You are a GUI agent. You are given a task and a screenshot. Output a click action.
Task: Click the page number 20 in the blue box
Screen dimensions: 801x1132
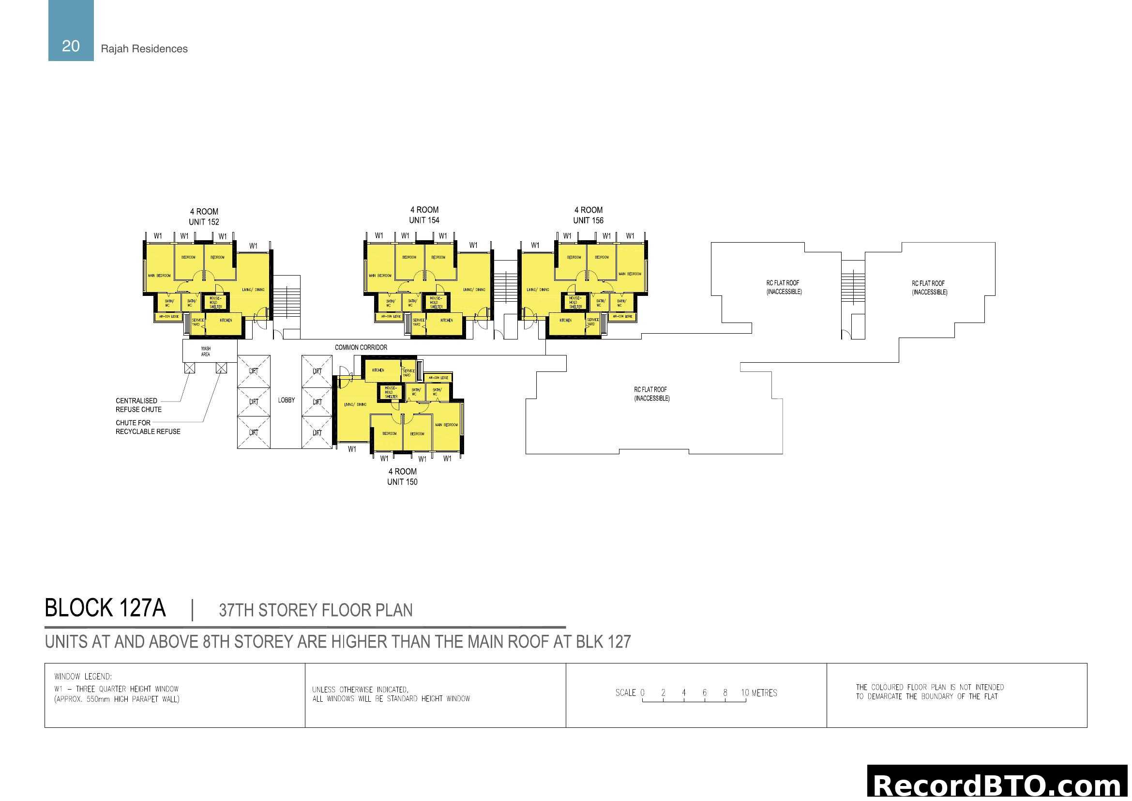pos(71,46)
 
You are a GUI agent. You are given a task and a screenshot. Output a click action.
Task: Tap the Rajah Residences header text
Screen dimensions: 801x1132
pos(144,49)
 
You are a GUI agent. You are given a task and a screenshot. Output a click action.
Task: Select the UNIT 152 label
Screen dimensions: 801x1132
pos(204,222)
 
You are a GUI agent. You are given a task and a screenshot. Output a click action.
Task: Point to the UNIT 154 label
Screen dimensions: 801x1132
pos(424,220)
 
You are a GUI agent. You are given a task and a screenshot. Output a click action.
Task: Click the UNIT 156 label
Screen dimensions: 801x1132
pos(588,220)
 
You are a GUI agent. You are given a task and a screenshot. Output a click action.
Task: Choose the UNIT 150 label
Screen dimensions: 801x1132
pos(402,482)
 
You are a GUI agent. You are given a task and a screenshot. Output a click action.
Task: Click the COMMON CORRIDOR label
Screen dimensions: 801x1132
pos(361,347)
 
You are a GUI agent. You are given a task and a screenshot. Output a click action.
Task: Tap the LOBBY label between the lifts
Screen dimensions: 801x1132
pos(286,400)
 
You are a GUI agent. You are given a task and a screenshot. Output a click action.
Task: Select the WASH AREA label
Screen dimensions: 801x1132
pos(206,352)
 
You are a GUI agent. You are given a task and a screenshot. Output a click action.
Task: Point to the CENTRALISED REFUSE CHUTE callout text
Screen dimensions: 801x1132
pos(138,405)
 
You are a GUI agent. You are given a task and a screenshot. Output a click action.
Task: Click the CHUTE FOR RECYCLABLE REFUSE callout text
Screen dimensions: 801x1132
pos(148,427)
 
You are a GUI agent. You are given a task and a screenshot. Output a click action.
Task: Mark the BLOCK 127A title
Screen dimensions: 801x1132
pos(105,608)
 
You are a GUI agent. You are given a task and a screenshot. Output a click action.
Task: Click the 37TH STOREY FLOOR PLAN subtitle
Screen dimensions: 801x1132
pos(316,610)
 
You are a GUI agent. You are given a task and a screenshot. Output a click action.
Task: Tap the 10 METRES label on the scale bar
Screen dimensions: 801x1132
pos(759,693)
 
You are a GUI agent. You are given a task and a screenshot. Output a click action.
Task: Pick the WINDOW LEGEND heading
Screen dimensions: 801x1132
pos(83,677)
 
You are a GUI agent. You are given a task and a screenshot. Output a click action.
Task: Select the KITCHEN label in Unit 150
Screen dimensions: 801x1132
pos(378,370)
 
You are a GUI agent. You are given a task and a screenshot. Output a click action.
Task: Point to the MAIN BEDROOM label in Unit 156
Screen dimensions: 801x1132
pos(630,274)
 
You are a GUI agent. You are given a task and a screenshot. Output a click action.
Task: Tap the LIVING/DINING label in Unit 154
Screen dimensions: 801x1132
pos(474,290)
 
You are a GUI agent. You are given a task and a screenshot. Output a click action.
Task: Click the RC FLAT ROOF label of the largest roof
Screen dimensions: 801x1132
pos(651,394)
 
